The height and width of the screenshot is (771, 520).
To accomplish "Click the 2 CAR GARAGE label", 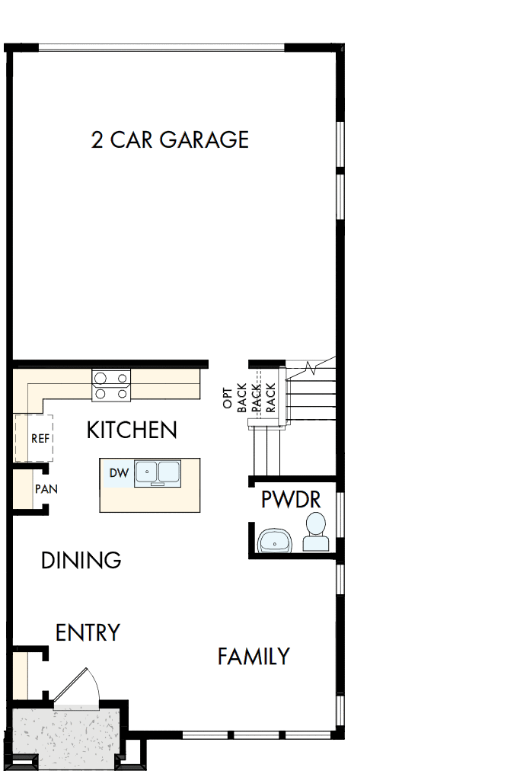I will pyautogui.click(x=170, y=139).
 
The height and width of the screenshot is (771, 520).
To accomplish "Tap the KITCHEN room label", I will pyautogui.click(x=132, y=430).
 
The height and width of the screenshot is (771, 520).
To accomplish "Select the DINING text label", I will pyautogui.click(x=81, y=561).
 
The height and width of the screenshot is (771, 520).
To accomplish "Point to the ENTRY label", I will pyautogui.click(x=88, y=632).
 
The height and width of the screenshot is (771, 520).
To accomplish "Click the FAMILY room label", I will pyautogui.click(x=254, y=656).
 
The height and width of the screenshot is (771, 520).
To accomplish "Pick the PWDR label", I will pyautogui.click(x=290, y=500).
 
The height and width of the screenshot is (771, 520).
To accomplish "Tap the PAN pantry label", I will pyautogui.click(x=46, y=488).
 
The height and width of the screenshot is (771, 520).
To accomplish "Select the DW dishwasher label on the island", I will pyautogui.click(x=118, y=473).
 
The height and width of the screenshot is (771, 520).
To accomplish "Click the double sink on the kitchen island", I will pyautogui.click(x=157, y=473).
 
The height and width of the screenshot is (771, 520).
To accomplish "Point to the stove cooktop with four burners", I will pyautogui.click(x=111, y=385).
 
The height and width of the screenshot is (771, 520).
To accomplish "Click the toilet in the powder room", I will pyautogui.click(x=314, y=533).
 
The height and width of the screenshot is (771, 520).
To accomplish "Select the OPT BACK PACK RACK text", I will pyautogui.click(x=248, y=396).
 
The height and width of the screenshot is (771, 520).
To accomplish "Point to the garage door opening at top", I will pyautogui.click(x=161, y=48).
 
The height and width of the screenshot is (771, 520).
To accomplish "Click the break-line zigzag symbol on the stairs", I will pyautogui.click(x=311, y=368).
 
